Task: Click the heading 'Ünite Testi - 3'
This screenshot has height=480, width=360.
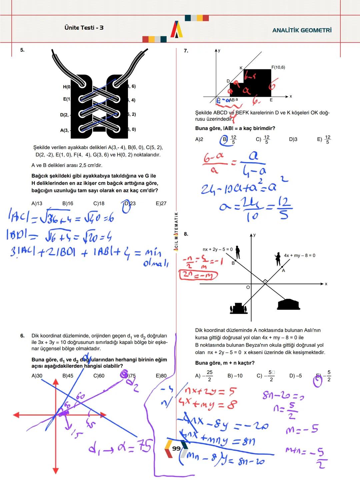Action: pyautogui.click(x=84, y=28)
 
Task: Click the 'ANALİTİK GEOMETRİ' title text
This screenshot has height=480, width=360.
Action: pyautogui.click(x=302, y=30)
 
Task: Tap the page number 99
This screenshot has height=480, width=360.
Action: pyautogui.click(x=176, y=449)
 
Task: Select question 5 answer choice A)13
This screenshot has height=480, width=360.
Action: pyautogui.click(x=37, y=203)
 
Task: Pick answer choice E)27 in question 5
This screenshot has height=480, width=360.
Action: pyautogui.click(x=161, y=203)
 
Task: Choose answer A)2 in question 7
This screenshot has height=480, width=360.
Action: pyautogui.click(x=199, y=139)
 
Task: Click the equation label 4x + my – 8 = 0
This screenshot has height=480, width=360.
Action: pyautogui.click(x=299, y=256)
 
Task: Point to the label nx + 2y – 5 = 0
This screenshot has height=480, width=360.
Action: pyautogui.click(x=218, y=249)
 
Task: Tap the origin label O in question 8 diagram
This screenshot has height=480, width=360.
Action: pyautogui.click(x=248, y=287)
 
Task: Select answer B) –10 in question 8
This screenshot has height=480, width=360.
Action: pyautogui.click(x=235, y=376)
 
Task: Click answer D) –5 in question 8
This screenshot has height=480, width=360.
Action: pyautogui.click(x=295, y=376)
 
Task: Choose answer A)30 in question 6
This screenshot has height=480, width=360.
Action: pyautogui.click(x=37, y=376)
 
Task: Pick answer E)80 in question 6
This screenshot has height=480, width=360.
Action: pyautogui.click(x=161, y=376)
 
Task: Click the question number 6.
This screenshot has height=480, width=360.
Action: pyautogui.click(x=22, y=336)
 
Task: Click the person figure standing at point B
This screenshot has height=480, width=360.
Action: pyautogui.click(x=237, y=252)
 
